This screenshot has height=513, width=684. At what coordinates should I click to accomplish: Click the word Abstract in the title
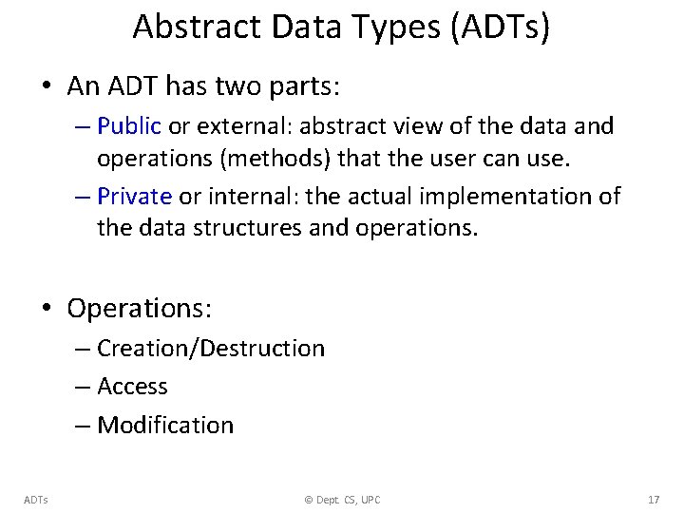tap(197, 28)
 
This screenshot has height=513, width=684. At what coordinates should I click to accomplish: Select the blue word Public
tap(129, 126)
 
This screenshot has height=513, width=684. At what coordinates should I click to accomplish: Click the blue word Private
tap(134, 197)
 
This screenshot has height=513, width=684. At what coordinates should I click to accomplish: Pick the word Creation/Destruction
tap(211, 349)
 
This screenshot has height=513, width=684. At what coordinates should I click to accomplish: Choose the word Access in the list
tap(132, 387)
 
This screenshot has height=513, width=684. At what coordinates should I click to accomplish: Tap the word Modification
tap(165, 425)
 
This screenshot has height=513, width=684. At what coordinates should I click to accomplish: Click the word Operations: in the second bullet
tap(140, 309)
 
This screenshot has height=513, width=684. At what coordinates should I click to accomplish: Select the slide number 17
tap(653, 500)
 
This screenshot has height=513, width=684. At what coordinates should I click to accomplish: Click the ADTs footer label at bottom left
tap(37, 500)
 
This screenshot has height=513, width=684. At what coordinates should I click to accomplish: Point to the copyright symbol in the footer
tap(309, 500)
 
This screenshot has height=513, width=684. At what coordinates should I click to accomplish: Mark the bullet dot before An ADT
tap(47, 87)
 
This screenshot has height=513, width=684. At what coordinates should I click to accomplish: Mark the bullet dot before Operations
tap(47, 310)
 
